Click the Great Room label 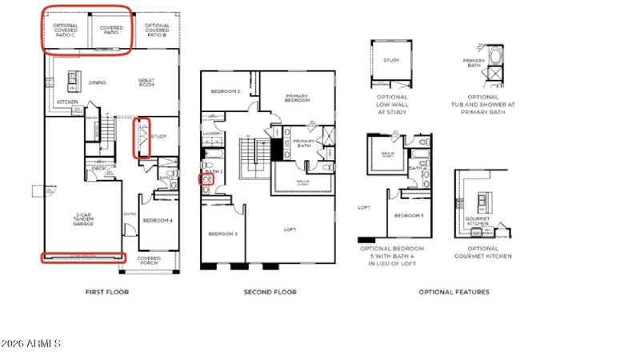point(146,82)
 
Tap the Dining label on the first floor point(98,82)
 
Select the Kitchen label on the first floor point(67,102)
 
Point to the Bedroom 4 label point(158,220)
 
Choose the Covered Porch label point(149,261)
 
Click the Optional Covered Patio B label point(157,30)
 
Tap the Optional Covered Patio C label point(66,30)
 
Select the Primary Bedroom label point(297,99)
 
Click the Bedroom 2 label point(226,91)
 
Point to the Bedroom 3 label point(222,234)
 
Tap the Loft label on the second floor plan point(290,230)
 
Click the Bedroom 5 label point(409,217)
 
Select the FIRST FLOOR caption point(107,292)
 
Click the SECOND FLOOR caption point(270,292)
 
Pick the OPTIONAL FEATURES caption point(454,292)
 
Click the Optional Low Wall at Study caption point(392,105)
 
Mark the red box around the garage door point(84,258)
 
